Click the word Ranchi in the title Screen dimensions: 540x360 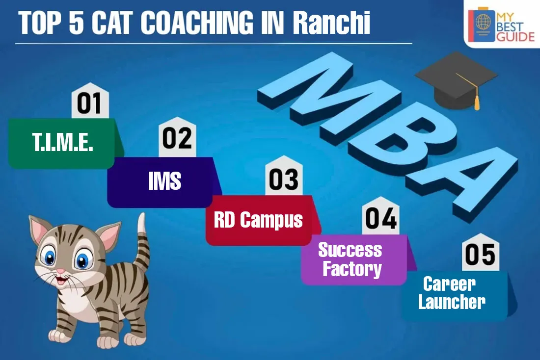point(331,23)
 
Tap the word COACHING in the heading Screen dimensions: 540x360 point(197,23)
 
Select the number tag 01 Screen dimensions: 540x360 point(90,101)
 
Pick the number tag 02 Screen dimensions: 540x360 point(177,138)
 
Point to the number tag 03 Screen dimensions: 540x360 point(284,176)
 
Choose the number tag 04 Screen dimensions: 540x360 point(380,216)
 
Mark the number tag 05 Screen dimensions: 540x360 point(480,253)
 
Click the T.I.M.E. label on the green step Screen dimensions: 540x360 point(63,142)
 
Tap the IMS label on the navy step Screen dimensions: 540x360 point(164,180)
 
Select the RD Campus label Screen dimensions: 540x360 point(258,220)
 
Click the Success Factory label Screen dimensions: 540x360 point(350,259)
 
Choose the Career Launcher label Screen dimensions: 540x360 point(452,293)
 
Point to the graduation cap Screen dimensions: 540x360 point(456,80)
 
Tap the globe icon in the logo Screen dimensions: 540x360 point(483,22)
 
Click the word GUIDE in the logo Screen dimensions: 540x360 point(515,36)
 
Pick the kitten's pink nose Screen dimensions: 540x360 point(60,271)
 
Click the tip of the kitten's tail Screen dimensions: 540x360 point(141,216)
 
